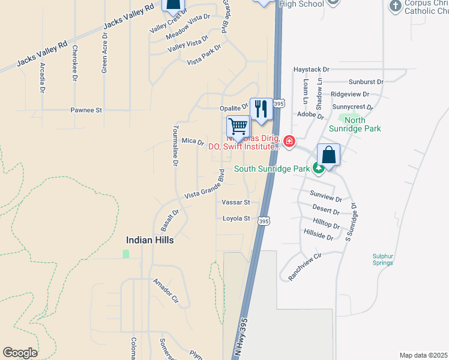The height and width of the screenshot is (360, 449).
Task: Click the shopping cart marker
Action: (238, 127)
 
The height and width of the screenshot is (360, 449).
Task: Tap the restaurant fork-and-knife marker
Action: (261, 109)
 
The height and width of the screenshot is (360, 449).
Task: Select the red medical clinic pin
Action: (289, 142)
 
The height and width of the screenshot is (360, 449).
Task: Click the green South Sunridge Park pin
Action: (318, 169)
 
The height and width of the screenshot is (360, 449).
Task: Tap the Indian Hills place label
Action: (149, 240)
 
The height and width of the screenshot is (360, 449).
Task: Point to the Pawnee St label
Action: (86, 110)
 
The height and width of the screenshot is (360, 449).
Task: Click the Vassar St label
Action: (235, 203)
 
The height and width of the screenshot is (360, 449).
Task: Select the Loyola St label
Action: (236, 219)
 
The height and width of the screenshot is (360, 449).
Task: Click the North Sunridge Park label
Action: (355, 124)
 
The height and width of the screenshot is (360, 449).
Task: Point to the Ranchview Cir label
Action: (306, 259)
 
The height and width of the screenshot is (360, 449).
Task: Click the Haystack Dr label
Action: (312, 70)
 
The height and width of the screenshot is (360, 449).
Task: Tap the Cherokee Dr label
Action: (75, 62)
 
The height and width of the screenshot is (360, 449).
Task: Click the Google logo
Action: (20, 353)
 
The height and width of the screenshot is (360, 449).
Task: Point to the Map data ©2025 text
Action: (423, 355)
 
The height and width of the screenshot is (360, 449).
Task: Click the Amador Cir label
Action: (166, 290)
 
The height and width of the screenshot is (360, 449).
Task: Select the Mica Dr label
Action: (193, 141)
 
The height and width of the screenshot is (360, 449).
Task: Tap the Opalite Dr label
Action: (233, 108)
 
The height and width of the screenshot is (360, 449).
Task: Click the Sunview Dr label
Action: (325, 196)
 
